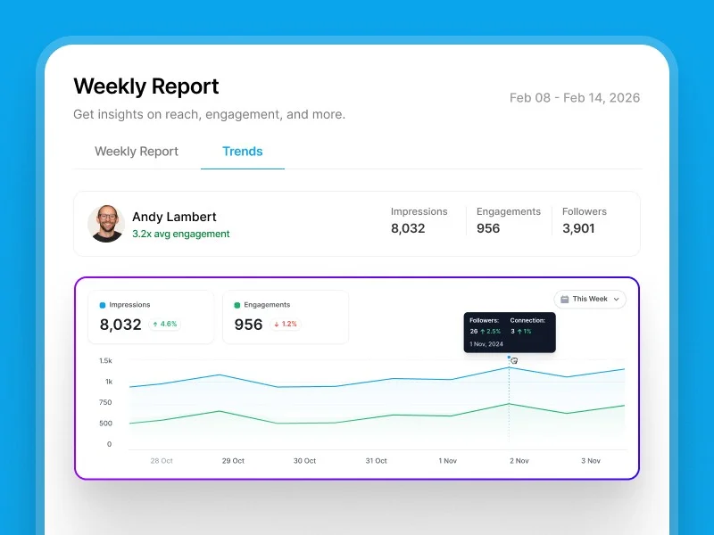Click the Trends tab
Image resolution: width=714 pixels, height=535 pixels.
[242, 152]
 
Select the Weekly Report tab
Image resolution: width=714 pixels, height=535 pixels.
[137, 152]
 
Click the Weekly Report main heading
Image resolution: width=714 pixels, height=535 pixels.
[145, 86]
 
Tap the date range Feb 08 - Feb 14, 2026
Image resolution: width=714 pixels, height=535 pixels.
[574, 98]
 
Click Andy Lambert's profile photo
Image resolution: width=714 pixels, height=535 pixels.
[105, 224]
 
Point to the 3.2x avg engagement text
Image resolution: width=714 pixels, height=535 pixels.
[180, 235]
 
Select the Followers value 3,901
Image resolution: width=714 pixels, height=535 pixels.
[579, 228]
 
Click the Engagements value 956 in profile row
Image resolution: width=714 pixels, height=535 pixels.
[488, 228]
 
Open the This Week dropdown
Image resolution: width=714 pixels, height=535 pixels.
[590, 300]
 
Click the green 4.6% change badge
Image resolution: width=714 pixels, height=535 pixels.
[164, 325]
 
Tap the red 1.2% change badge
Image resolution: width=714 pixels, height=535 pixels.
[285, 325]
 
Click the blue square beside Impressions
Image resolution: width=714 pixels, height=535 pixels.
[103, 305]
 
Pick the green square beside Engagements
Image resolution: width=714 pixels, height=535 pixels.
[237, 305]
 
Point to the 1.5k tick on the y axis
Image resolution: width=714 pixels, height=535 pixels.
[105, 361]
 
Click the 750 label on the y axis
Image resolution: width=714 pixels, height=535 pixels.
[105, 402]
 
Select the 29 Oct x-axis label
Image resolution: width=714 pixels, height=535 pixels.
[233, 461]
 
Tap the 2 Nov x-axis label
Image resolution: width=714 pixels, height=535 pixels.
[518, 461]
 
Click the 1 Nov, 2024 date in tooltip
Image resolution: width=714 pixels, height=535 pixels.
[487, 343]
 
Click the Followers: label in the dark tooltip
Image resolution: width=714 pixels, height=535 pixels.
[485, 320]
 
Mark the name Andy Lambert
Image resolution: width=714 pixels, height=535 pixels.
[174, 217]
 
